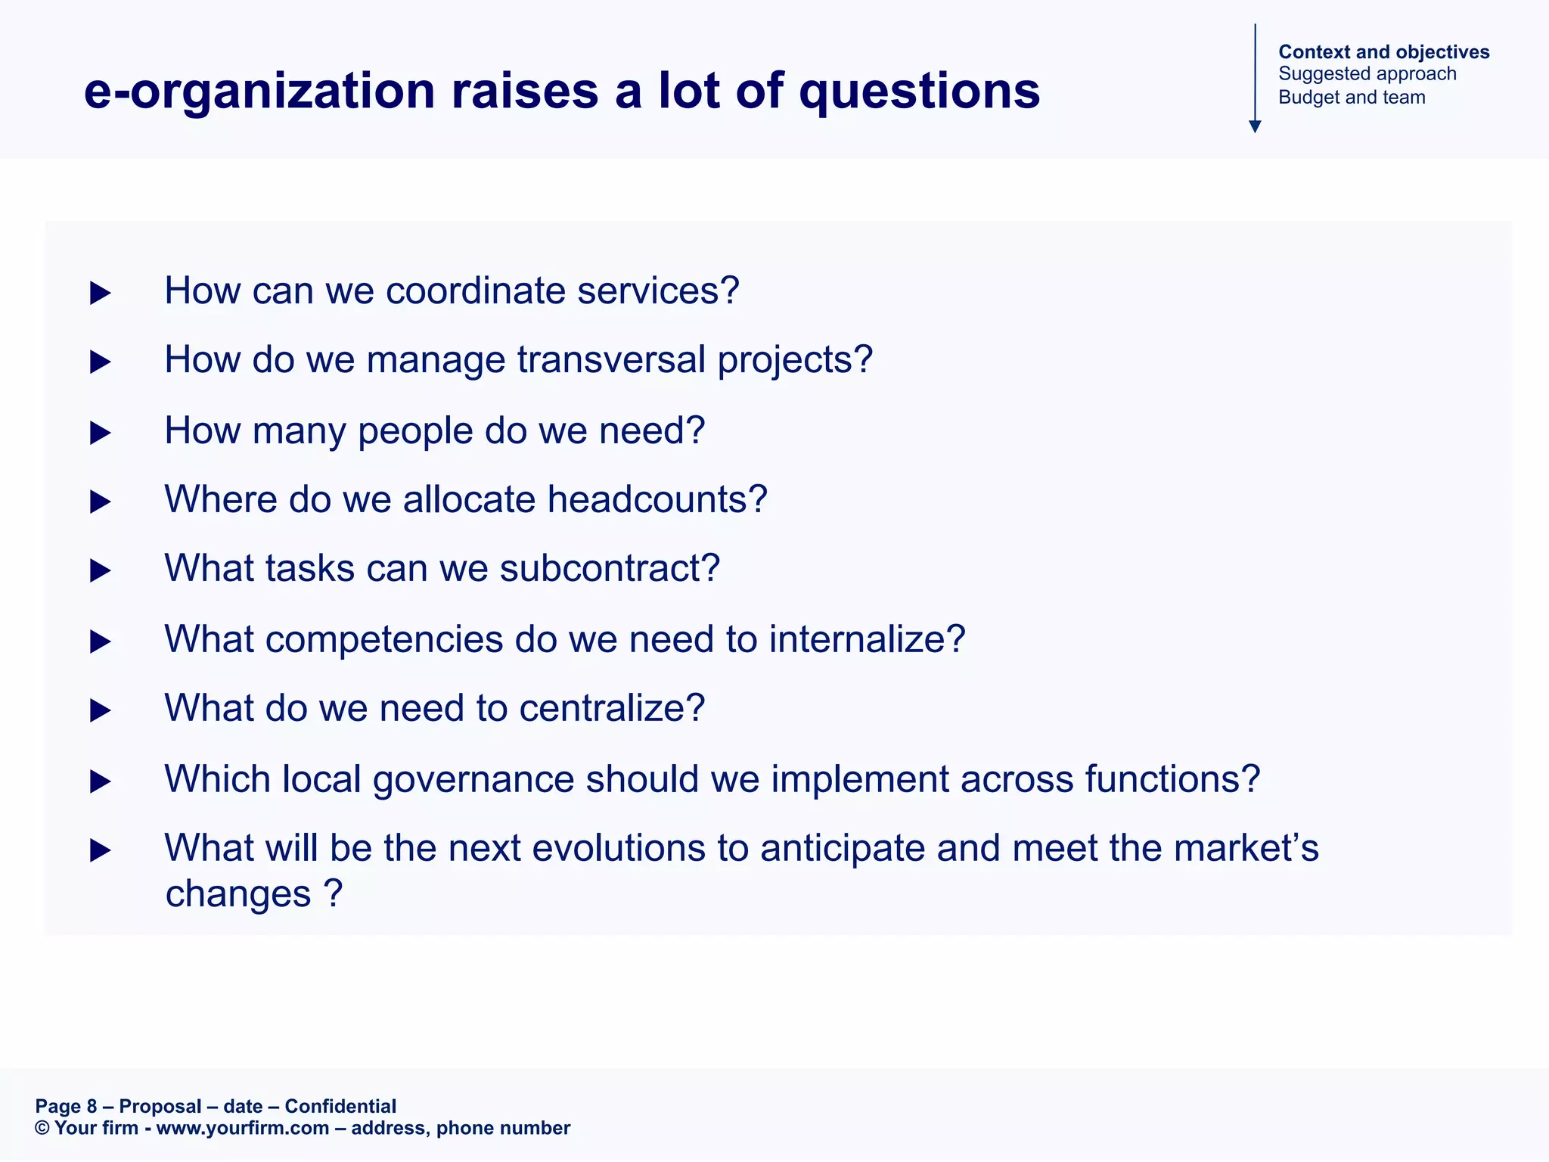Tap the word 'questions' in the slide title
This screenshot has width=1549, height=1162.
click(x=919, y=92)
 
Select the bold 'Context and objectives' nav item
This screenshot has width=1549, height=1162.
click(x=1383, y=51)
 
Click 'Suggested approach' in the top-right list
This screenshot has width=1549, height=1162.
click(x=1367, y=74)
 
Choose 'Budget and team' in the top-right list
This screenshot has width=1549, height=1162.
click(x=1352, y=98)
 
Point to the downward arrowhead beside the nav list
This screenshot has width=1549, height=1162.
click(x=1255, y=126)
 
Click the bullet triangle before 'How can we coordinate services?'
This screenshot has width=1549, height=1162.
click(x=100, y=293)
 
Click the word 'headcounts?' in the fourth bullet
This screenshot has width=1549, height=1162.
click(x=657, y=499)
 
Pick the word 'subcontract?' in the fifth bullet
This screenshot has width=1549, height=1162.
click(x=610, y=568)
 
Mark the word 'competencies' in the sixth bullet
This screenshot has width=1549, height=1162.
click(x=383, y=639)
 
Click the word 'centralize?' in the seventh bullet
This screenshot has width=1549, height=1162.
click(x=612, y=708)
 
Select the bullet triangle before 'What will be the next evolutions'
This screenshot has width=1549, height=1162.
click(x=100, y=850)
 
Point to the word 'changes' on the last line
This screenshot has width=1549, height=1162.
click(x=237, y=894)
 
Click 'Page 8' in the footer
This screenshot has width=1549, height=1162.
click(x=66, y=1106)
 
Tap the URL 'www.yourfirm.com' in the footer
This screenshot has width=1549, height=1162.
click(x=242, y=1128)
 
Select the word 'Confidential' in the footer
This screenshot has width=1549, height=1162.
click(x=340, y=1106)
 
